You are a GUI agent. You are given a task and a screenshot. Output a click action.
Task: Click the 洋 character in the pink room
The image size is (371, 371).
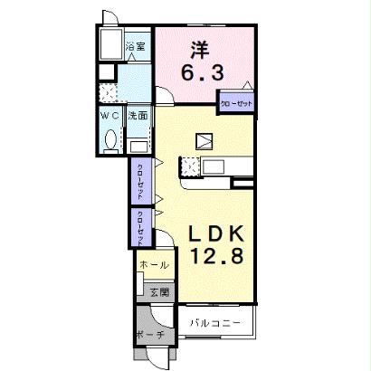(199, 48)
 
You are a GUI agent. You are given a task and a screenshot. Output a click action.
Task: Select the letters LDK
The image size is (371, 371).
(214, 233)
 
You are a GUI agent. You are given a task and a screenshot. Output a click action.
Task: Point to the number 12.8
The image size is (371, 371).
(215, 257)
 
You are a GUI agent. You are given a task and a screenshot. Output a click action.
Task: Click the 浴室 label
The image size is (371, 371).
(136, 47)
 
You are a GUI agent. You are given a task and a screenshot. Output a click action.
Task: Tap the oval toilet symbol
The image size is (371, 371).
(111, 140)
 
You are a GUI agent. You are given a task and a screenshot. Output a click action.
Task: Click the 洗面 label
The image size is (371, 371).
(138, 116)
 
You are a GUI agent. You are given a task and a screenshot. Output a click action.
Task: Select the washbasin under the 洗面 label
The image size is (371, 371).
(138, 145)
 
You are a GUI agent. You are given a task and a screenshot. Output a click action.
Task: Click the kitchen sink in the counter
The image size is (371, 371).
(216, 166)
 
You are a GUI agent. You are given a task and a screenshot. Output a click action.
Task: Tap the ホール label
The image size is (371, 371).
(150, 265)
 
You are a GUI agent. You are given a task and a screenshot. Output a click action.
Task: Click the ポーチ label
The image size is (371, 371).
(151, 334)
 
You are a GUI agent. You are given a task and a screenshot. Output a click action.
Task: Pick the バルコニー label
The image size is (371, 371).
(215, 322)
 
